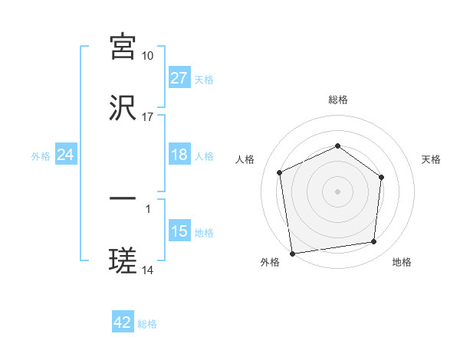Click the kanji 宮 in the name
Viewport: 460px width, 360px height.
pos(123,47)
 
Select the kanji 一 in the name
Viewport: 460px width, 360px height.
pos(123,199)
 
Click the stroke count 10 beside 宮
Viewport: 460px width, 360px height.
pos(148,56)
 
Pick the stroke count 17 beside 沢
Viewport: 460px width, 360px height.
pos(148,117)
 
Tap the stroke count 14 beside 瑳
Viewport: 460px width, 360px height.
pos(148,270)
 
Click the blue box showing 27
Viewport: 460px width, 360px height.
pos(179,78)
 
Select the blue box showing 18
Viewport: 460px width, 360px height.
pos(179,155)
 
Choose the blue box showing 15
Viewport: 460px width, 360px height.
pos(179,231)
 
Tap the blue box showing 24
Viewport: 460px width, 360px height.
pos(66,155)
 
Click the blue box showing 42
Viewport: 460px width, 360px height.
pos(123,322)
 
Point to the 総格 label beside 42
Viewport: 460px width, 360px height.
pos(148,324)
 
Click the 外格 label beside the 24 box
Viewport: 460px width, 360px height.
pos(41,155)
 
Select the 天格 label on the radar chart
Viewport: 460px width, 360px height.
pos(432,159)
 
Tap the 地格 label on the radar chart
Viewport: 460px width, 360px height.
pos(402,262)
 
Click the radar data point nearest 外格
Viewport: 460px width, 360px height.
pos(292,253)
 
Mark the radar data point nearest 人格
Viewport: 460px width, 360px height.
pos(280,172)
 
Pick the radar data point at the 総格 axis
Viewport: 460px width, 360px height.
pos(337,146)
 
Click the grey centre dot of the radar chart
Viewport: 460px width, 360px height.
pos(337,191)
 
